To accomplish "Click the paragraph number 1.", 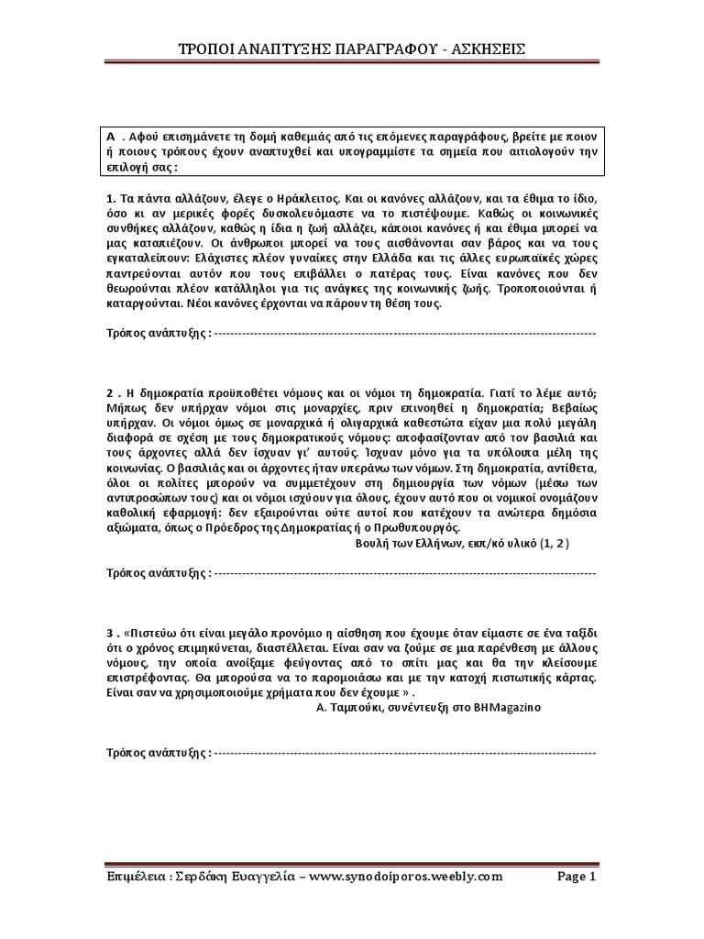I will [x=109, y=197].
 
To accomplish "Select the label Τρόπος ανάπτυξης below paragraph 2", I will [x=157, y=573].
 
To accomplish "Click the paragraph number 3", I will [x=109, y=633].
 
